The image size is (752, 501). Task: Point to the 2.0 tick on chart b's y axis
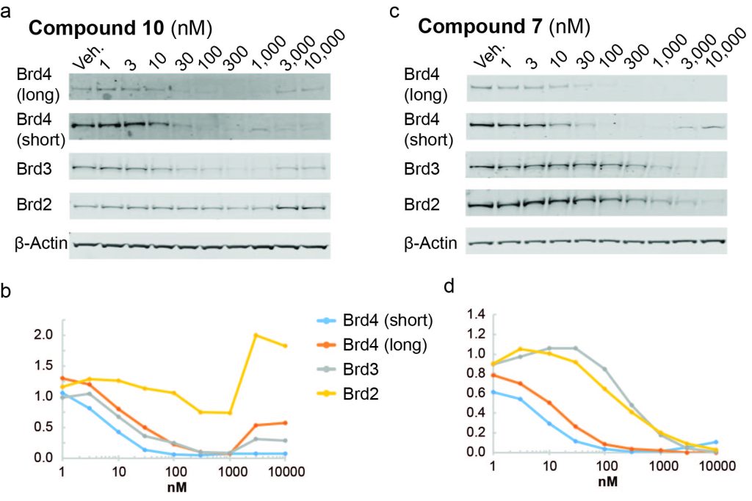pyautogui.click(x=43, y=335)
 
